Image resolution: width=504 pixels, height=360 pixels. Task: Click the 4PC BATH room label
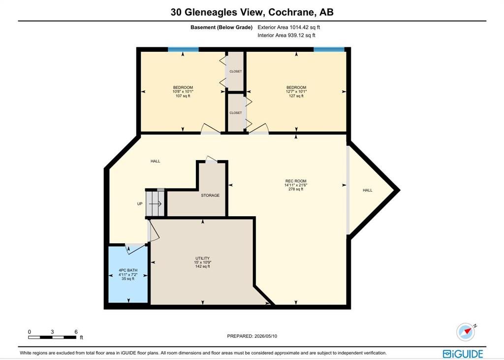click(x=128, y=270)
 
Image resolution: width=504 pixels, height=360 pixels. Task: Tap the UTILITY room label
click(x=202, y=259)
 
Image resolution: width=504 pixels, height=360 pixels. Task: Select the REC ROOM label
click(x=296, y=181)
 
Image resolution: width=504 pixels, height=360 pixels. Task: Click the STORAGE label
click(x=210, y=196)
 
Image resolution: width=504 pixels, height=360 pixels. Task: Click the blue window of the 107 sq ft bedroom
click(x=183, y=49)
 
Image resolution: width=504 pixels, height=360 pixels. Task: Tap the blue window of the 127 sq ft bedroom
click(x=329, y=49)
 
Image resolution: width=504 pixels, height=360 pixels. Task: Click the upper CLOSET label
click(x=236, y=71)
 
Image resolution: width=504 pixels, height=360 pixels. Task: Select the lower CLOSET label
click(x=236, y=113)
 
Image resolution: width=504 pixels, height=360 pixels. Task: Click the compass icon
click(x=466, y=332)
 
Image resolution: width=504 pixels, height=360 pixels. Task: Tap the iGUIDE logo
click(x=463, y=354)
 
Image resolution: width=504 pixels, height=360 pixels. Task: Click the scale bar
click(x=52, y=337)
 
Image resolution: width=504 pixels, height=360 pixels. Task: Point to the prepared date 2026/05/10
click(x=265, y=336)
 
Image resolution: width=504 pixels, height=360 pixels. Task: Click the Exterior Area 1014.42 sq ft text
click(x=288, y=28)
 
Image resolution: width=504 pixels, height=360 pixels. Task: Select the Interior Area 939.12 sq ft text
click(x=286, y=35)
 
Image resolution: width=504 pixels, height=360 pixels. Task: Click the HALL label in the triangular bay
click(x=367, y=190)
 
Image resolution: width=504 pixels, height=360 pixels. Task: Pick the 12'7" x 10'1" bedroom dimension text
click(x=296, y=92)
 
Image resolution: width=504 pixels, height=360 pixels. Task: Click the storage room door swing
click(x=212, y=159)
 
